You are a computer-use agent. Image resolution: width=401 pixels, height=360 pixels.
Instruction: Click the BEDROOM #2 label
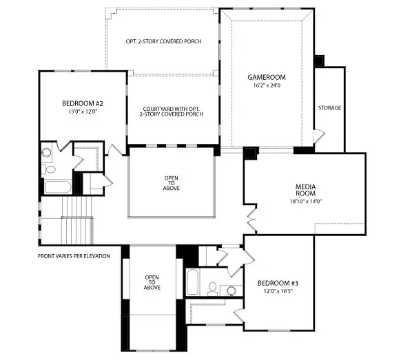[x=81, y=104]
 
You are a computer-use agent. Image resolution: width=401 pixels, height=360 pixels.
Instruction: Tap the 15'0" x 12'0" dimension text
[x=81, y=112]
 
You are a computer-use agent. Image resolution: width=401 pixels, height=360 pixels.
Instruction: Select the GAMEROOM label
[x=266, y=77]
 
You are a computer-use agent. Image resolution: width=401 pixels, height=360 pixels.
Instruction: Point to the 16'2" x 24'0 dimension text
[x=266, y=85]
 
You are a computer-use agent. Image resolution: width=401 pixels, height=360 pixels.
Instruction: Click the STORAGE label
[x=329, y=108]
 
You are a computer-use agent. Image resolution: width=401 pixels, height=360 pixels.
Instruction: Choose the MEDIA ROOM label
[x=305, y=190]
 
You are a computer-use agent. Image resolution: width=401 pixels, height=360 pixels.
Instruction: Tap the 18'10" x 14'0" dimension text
[x=305, y=202]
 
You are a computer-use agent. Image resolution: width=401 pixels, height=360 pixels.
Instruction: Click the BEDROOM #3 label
[x=278, y=283]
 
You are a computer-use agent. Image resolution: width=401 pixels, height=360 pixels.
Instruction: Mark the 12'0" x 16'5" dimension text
[x=278, y=292]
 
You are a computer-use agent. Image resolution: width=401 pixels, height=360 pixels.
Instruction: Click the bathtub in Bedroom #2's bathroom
[x=56, y=187]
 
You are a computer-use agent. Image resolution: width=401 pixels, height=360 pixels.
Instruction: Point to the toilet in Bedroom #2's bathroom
[x=50, y=169]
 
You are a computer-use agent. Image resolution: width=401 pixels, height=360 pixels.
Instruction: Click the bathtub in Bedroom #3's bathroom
[x=193, y=282]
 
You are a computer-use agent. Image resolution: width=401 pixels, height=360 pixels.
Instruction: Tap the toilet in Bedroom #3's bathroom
[x=213, y=286]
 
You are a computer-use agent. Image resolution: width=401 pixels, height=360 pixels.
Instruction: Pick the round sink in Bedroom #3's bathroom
[x=232, y=290]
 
